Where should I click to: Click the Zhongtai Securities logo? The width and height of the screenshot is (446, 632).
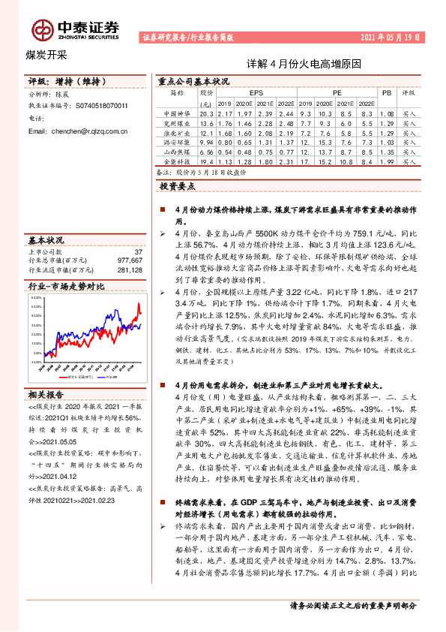tap(75, 29)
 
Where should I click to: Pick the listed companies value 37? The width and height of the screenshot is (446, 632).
tap(137, 251)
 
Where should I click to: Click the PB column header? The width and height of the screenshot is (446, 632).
tap(387, 93)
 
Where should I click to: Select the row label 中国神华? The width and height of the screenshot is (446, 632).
tap(177, 113)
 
